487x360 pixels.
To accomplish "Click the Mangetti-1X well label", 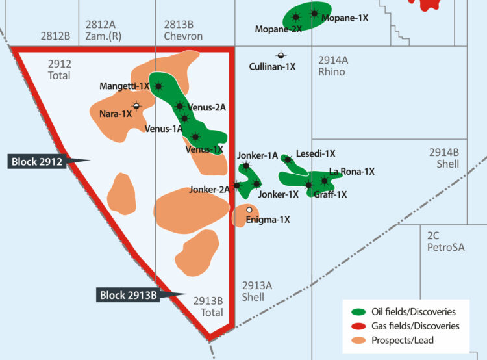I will [124, 86].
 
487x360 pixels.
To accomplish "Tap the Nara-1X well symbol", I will [136, 105].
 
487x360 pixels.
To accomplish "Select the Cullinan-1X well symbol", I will [281, 55].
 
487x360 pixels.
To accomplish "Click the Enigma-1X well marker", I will [249, 209].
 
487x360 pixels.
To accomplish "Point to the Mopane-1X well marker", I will [314, 14].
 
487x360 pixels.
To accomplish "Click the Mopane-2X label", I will [279, 29].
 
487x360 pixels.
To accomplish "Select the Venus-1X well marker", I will [195, 136].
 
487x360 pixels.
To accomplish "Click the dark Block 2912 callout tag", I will [38, 161].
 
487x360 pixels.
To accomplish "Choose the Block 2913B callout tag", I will [129, 295].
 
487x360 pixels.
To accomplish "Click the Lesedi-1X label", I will [316, 154].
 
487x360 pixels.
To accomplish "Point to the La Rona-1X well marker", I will [325, 180].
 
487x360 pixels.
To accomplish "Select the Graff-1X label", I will [330, 194].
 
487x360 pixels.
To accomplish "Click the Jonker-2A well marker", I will [237, 185].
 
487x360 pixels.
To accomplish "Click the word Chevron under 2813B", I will [183, 36].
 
